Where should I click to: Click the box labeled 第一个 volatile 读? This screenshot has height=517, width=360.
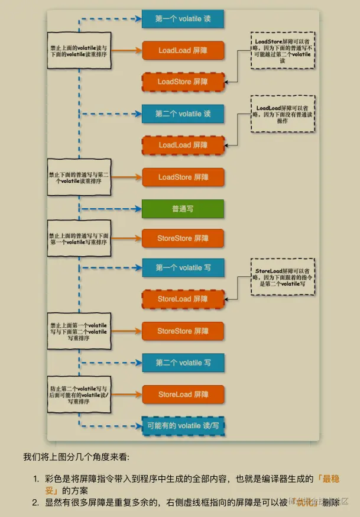pos(183,19)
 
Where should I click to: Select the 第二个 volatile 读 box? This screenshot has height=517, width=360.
pos(183,114)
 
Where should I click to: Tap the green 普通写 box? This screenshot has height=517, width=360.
pos(183,209)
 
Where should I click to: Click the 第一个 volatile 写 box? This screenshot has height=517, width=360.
pos(183,267)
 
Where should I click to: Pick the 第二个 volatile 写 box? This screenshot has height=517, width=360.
pos(183,363)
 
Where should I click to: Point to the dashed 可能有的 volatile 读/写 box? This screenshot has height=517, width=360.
pos(183,425)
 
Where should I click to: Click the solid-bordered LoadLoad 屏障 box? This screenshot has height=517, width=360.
pos(183,50)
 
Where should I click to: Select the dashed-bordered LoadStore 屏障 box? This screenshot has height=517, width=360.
pos(183,82)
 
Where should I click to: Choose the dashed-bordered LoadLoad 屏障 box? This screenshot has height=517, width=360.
pos(183,145)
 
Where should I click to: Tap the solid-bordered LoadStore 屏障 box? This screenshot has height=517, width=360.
pos(183,177)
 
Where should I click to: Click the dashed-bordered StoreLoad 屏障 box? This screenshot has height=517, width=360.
pos(183,299)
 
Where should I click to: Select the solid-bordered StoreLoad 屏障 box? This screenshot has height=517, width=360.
pos(183,394)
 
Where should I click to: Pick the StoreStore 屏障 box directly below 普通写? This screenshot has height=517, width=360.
pos(183,238)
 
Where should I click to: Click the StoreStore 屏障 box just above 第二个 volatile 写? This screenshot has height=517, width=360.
pos(183,331)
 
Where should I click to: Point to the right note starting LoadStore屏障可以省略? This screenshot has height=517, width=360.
pos(282,51)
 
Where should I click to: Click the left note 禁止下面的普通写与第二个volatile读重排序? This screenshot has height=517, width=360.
pos(79,177)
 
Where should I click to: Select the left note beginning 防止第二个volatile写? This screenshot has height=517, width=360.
pos(79,393)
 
